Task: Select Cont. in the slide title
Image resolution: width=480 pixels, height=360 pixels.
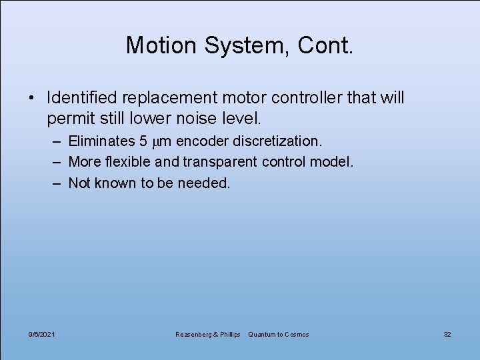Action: [325, 45]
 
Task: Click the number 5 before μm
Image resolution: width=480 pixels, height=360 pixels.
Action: [143, 141]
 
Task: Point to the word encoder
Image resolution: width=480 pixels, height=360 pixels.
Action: [202, 141]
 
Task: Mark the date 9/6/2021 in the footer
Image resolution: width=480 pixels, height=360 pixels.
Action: [42, 334]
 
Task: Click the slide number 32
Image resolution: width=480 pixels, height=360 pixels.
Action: [447, 334]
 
